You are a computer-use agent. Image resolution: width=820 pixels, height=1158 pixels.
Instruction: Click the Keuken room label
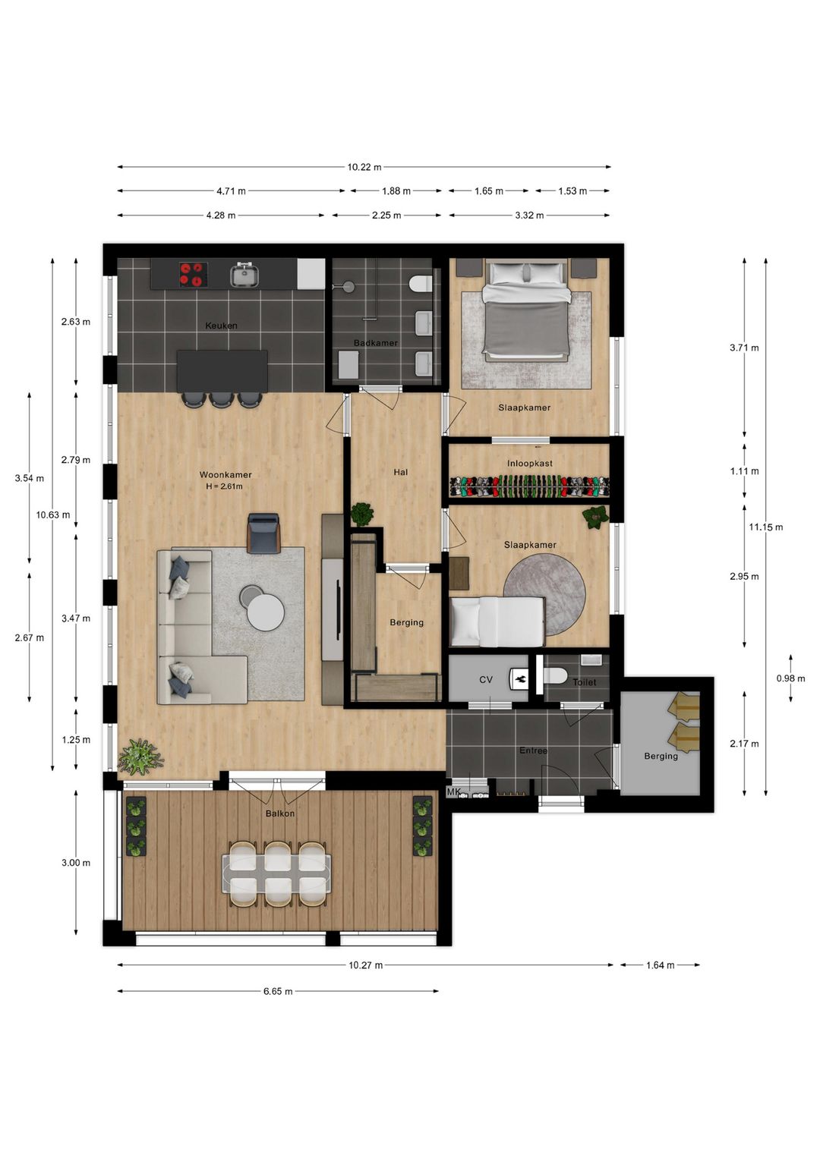click(221, 326)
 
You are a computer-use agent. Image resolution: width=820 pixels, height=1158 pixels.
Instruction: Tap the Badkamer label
click(375, 343)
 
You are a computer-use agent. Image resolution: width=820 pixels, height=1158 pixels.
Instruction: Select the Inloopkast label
click(529, 464)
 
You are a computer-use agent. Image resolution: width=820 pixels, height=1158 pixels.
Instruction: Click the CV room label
click(486, 680)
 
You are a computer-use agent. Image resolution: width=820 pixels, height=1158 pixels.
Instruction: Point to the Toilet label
click(584, 682)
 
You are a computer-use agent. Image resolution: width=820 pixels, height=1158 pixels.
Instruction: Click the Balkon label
click(280, 813)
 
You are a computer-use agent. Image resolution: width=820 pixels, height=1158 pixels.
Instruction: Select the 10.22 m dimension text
click(364, 167)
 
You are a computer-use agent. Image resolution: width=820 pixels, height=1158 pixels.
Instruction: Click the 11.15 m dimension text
click(765, 527)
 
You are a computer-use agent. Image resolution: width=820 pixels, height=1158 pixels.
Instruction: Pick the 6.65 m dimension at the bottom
click(278, 992)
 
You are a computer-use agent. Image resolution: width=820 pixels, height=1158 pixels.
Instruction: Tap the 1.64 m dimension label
click(660, 965)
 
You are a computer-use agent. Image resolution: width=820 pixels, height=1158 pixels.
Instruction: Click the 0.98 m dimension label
click(790, 678)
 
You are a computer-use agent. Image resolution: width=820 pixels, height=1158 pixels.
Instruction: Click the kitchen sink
click(244, 275)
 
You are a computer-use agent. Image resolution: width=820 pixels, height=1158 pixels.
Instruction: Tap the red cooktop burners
click(193, 274)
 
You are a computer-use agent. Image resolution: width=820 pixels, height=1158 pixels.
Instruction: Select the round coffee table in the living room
click(265, 612)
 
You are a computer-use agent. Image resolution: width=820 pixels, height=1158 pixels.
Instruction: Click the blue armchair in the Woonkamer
click(263, 532)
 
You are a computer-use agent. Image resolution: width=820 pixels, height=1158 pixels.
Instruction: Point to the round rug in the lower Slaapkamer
click(544, 595)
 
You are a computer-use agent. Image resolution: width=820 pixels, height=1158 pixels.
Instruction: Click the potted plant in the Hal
click(362, 514)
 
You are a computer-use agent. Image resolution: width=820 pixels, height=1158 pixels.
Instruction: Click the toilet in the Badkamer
click(420, 284)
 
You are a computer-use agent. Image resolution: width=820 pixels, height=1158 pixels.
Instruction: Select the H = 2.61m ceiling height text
click(224, 486)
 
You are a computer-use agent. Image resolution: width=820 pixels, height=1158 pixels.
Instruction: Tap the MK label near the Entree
click(453, 792)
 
